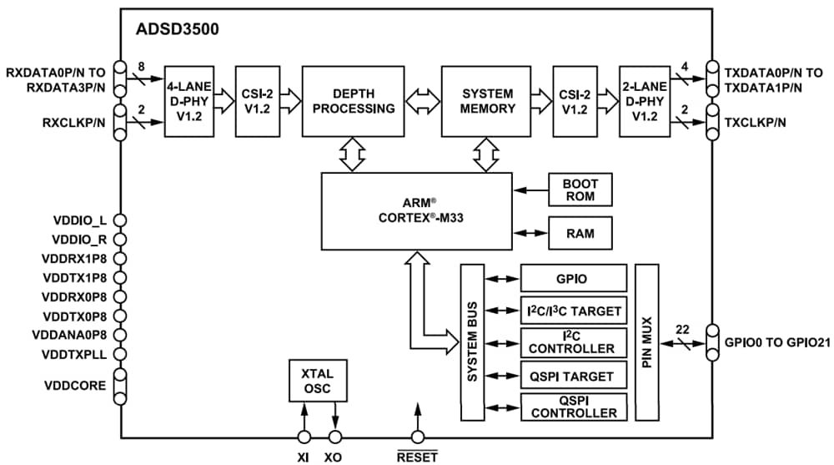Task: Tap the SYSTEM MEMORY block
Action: (x=489, y=101)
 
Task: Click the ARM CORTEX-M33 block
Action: (x=417, y=210)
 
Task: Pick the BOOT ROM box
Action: (x=580, y=190)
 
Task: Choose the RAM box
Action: (x=580, y=233)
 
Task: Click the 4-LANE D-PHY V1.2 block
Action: (x=188, y=101)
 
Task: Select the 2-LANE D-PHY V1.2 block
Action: (x=644, y=101)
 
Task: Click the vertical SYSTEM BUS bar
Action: (x=472, y=342)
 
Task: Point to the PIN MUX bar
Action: (x=647, y=342)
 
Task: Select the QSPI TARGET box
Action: (x=573, y=376)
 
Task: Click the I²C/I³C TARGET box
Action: (x=573, y=311)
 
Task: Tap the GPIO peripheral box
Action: (x=573, y=278)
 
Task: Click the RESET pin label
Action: (x=417, y=457)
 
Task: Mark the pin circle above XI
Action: (x=304, y=437)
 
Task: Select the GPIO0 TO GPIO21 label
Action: (x=776, y=341)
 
